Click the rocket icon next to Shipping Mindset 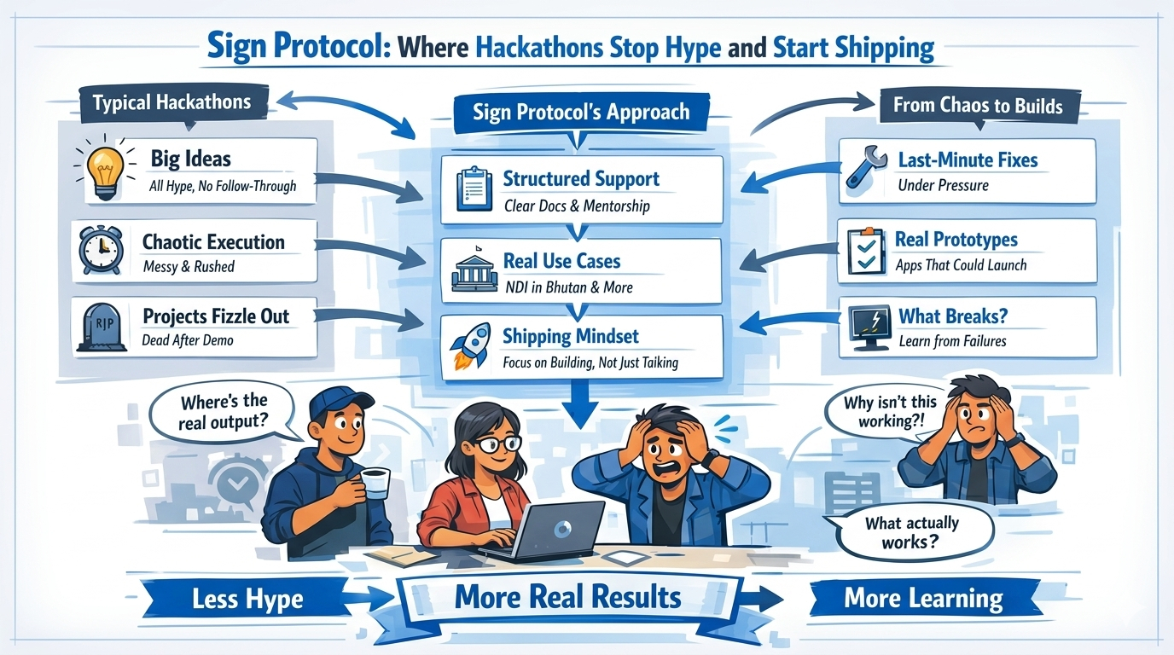click(470, 346)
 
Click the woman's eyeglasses click(497, 443)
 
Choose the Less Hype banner click(247, 599)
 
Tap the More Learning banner click(923, 598)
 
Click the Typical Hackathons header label click(171, 103)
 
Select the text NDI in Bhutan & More click(567, 287)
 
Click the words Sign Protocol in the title click(295, 48)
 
